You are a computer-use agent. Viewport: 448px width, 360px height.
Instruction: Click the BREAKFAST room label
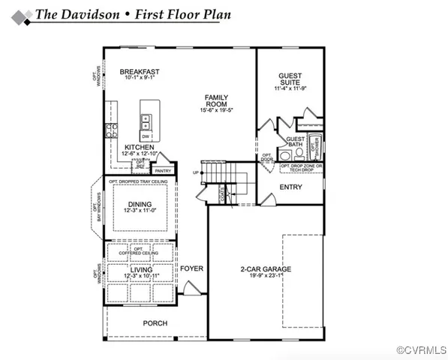coord(139,72)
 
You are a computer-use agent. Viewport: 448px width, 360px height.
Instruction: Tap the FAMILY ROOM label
coord(217,100)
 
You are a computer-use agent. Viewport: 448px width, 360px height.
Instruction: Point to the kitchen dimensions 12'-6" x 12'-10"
coord(139,154)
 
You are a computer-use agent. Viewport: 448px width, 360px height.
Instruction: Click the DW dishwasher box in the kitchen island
coord(145,136)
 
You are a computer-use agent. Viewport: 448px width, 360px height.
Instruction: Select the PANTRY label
coord(163,171)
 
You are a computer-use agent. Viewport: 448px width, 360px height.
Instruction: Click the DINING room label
coord(139,205)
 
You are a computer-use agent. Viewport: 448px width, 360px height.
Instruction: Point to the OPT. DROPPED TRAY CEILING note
coord(138,182)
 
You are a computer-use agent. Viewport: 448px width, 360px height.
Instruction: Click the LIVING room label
coord(140,269)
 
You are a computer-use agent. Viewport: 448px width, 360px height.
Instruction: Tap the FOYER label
coord(191,268)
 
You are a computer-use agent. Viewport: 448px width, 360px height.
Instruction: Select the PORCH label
coord(155,323)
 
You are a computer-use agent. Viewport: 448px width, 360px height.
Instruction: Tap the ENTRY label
coord(290,187)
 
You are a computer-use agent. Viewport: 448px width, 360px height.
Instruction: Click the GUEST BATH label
coord(296,142)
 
